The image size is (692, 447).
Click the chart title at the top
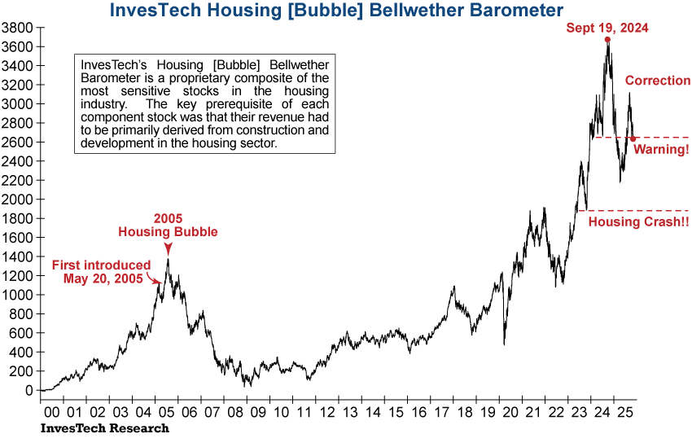(335, 11)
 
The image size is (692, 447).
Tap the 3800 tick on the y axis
(18, 28)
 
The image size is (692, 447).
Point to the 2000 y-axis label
(18, 199)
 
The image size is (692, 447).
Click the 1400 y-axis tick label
(18, 256)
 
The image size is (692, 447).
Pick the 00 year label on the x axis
(50, 413)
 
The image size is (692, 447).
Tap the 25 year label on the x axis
(624, 413)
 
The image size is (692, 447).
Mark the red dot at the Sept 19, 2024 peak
(607, 40)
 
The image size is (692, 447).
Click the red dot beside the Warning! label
(633, 138)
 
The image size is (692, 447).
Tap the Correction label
(657, 80)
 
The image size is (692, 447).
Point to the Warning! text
(661, 150)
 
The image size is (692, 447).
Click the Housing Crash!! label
(638, 221)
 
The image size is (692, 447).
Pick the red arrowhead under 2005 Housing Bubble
(168, 249)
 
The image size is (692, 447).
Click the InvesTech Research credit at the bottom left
(105, 428)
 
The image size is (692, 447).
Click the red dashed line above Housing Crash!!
(635, 210)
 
